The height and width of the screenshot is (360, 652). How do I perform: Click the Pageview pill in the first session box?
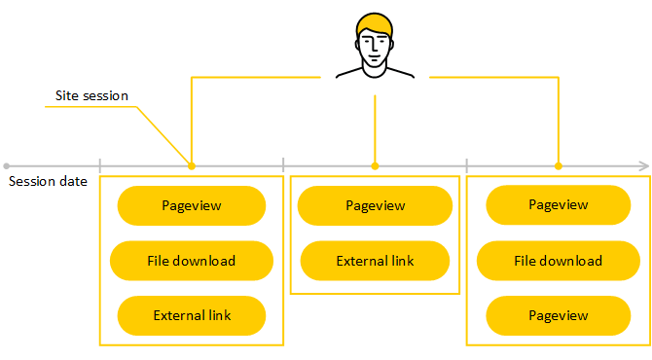192,205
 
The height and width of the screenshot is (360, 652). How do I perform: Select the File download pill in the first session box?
192,261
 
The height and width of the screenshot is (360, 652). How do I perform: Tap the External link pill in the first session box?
192,315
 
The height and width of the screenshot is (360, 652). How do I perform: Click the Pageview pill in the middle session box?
375,205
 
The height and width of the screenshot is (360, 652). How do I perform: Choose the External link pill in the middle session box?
375,261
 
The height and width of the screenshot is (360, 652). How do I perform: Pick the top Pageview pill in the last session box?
558,205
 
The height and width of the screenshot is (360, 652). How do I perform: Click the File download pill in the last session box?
558,261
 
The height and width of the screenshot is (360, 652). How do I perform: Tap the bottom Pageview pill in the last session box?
558,315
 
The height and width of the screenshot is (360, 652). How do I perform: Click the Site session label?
91,96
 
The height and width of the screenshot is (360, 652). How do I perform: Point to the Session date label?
48,181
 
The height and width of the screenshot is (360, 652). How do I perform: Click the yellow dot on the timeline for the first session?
192,166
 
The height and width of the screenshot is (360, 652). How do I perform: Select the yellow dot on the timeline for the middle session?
375,166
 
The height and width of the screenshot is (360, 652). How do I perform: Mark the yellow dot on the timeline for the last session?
558,166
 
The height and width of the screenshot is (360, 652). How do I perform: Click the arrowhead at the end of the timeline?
645,166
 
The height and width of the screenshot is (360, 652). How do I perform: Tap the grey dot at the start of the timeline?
6,166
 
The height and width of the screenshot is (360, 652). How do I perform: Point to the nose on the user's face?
375,49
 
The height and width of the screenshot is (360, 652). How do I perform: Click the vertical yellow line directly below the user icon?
375,128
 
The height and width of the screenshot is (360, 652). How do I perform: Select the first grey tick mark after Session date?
100,165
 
